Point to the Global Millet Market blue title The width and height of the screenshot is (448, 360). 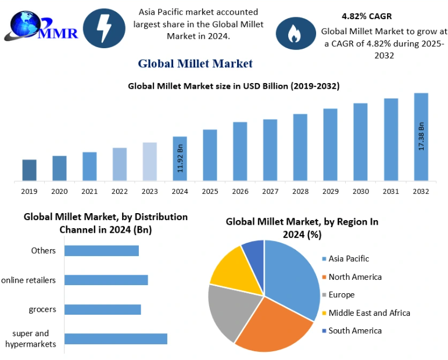click(x=195, y=63)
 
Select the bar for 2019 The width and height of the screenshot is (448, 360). click(x=29, y=170)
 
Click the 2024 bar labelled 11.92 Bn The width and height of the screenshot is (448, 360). click(x=180, y=159)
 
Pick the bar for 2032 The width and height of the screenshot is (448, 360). click(x=421, y=137)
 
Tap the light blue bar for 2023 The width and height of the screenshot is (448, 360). click(x=150, y=161)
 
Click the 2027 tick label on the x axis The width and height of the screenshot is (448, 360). click(x=270, y=192)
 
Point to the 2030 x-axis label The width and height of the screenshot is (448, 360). click(x=360, y=192)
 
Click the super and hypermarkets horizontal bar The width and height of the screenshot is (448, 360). click(x=116, y=339)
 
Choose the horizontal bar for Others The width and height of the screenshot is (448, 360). click(x=102, y=250)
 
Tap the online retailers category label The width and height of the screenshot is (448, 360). click(x=28, y=280)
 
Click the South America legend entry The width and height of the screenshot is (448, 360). click(x=355, y=330)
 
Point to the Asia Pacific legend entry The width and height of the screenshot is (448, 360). click(x=349, y=258)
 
